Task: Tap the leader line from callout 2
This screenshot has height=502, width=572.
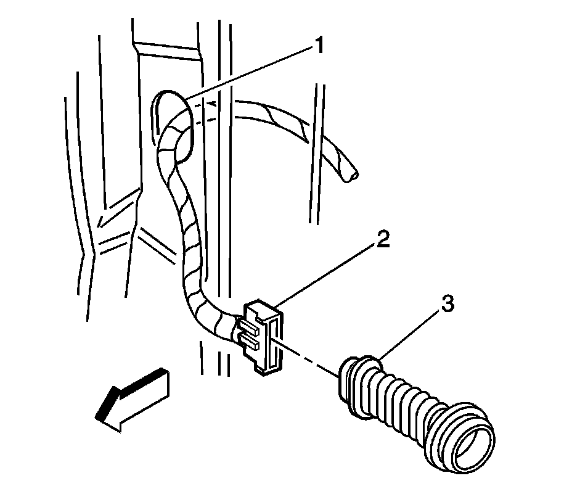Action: click(x=327, y=275)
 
